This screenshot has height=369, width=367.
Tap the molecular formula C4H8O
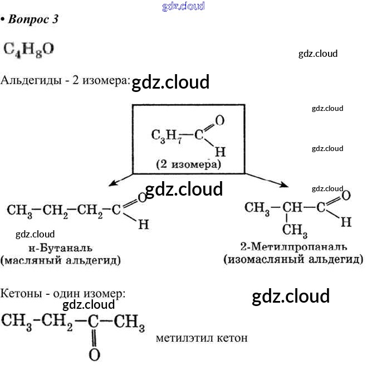[29, 48]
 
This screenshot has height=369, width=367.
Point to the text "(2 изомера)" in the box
[188, 164]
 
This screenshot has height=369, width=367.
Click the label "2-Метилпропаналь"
[293, 247]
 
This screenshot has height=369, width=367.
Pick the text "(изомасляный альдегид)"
[293, 259]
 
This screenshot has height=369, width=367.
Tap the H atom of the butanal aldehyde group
[143, 225]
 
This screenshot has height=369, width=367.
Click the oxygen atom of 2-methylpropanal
[345, 195]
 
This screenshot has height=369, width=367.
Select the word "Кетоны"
[21, 293]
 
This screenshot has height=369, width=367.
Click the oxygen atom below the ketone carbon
[94, 355]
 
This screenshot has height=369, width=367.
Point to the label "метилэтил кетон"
[202, 338]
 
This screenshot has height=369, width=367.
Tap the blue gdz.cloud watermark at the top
[183, 6]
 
